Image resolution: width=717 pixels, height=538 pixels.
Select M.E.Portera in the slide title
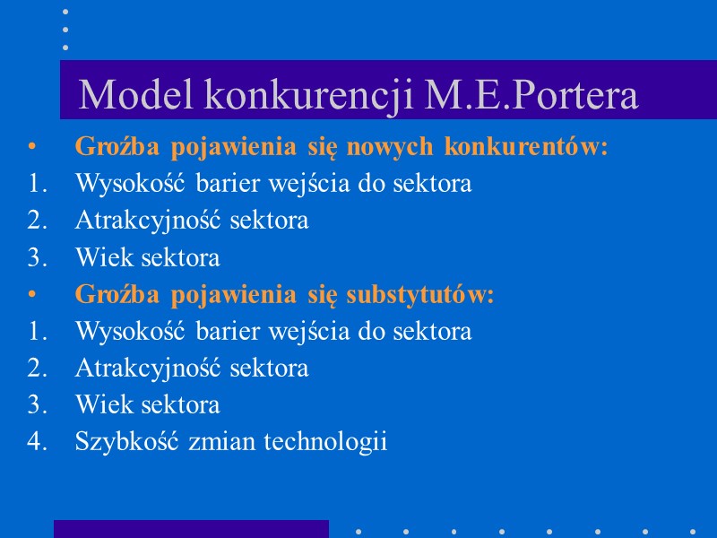[x=531, y=96]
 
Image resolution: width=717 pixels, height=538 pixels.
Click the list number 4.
[x=35, y=442]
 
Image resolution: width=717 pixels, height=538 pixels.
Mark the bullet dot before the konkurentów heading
[x=32, y=146]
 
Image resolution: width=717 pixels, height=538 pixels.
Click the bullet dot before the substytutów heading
[x=32, y=294]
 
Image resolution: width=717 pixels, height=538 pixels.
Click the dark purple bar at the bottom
[x=191, y=528]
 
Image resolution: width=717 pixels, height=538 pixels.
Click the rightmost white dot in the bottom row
[x=693, y=530]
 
